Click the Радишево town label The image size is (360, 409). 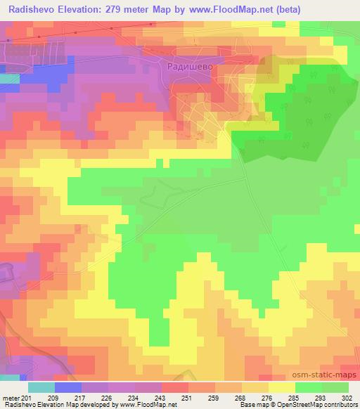tap(188, 65)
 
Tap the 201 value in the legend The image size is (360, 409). tap(27, 398)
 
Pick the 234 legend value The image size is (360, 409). tap(134, 398)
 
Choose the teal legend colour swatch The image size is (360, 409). tap(41, 387)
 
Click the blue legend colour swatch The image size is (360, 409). tap(68, 387)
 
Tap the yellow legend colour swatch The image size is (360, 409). tap(282, 387)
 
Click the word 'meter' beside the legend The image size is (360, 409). tap(11, 398)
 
